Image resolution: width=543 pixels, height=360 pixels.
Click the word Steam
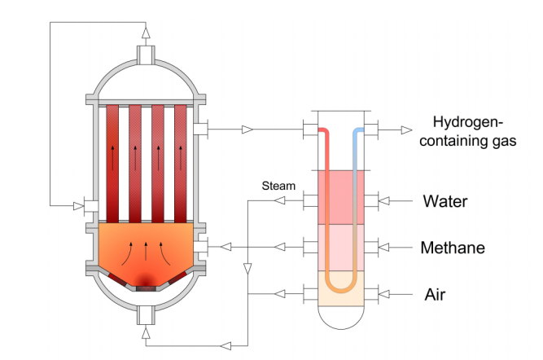tap(278, 186)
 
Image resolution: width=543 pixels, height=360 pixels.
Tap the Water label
tap(445, 201)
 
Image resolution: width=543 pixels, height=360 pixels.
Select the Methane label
tap(453, 248)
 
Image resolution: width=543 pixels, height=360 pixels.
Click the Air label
tap(435, 295)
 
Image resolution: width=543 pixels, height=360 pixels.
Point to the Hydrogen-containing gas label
tap(467, 131)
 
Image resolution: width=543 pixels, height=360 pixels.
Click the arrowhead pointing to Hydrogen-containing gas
tap(407, 130)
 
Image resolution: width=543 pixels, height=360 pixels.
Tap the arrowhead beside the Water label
tap(384, 200)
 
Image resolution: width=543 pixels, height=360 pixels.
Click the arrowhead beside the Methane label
tap(383, 248)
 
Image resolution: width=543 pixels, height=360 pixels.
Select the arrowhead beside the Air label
tap(384, 294)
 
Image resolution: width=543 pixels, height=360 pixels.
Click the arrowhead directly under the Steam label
tap(280, 200)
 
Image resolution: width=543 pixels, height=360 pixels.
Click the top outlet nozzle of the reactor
tap(146, 55)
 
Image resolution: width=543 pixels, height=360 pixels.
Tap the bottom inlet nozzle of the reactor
tap(146, 315)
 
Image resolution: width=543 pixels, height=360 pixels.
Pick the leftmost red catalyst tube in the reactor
tap(112, 164)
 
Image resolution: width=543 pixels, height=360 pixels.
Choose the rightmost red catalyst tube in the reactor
tap(181, 164)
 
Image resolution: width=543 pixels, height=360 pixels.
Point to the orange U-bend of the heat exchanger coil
tap(341, 286)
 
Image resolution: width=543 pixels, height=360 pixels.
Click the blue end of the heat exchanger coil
tap(359, 132)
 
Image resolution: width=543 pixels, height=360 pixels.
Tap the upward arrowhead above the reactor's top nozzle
tap(147, 33)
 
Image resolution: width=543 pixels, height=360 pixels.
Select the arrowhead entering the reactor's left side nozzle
tap(79, 206)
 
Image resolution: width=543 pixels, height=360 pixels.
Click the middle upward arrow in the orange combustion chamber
tap(146, 252)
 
